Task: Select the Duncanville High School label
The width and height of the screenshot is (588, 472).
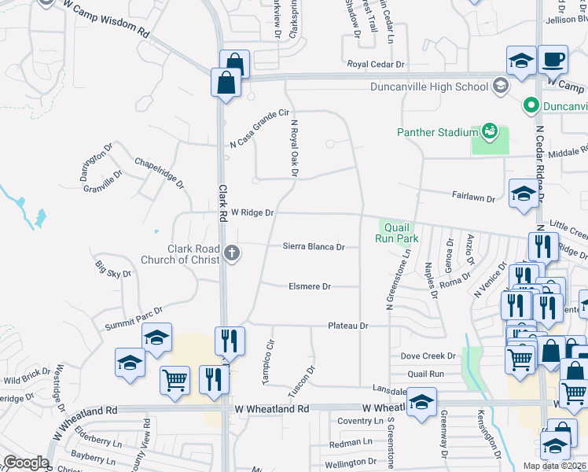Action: [429, 87]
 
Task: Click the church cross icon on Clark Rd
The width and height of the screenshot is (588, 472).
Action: [231, 253]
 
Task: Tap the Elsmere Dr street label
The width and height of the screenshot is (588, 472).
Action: [310, 287]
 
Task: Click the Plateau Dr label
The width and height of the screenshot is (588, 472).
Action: [348, 326]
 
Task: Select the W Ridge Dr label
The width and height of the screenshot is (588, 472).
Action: [252, 213]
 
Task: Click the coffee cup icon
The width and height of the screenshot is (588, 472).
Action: [553, 58]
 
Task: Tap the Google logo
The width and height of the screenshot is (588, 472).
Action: [25, 463]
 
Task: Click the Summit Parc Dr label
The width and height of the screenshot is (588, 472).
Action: [134, 319]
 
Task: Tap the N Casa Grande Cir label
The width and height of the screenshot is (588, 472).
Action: [260, 129]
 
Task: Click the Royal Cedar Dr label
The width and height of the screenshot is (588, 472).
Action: [376, 65]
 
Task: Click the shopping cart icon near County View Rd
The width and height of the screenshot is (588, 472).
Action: [175, 380]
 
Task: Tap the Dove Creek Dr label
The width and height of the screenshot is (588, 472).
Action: [428, 356]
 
